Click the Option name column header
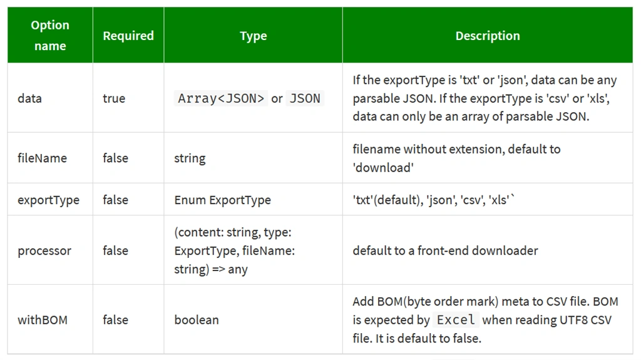[50, 35]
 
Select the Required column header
[128, 36]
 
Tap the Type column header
[253, 36]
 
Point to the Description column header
[488, 36]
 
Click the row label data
[29, 98]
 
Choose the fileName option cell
[42, 158]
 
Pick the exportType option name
[48, 200]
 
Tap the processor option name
[44, 251]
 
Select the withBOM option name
[43, 320]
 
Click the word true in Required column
[114, 98]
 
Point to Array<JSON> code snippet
[221, 98]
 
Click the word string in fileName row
[190, 158]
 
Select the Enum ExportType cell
[222, 200]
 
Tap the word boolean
[196, 320]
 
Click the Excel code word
[456, 319]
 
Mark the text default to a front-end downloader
[445, 250]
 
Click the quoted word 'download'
[383, 167]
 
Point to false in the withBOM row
[115, 320]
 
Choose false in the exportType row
[115, 200]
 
